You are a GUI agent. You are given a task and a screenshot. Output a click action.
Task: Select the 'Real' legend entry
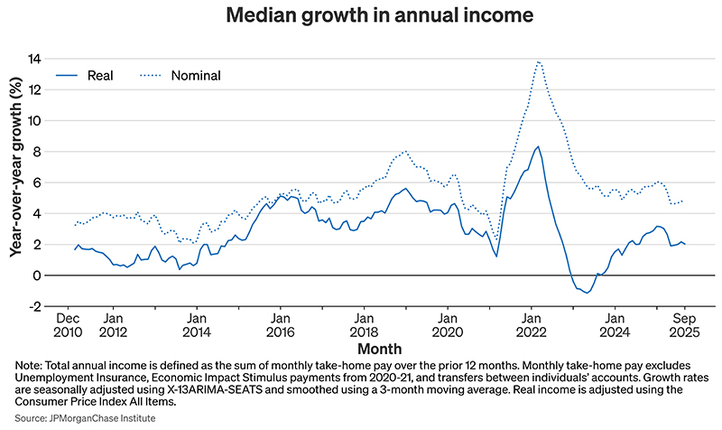point(99,75)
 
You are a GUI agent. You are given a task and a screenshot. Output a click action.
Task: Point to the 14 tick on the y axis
point(35,59)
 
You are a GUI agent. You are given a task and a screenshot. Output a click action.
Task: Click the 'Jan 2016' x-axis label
point(280,325)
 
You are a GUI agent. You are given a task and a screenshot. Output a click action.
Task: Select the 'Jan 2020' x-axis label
point(447,325)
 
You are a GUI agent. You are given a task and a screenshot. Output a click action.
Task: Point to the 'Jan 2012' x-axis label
point(113,325)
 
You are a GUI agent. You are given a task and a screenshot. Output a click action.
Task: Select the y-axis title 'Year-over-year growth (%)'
point(15,181)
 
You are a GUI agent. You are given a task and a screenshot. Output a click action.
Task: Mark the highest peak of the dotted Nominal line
point(539,61)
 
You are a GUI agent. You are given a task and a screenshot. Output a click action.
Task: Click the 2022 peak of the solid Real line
point(538,146)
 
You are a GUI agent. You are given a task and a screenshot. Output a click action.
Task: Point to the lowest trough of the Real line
point(588,293)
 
